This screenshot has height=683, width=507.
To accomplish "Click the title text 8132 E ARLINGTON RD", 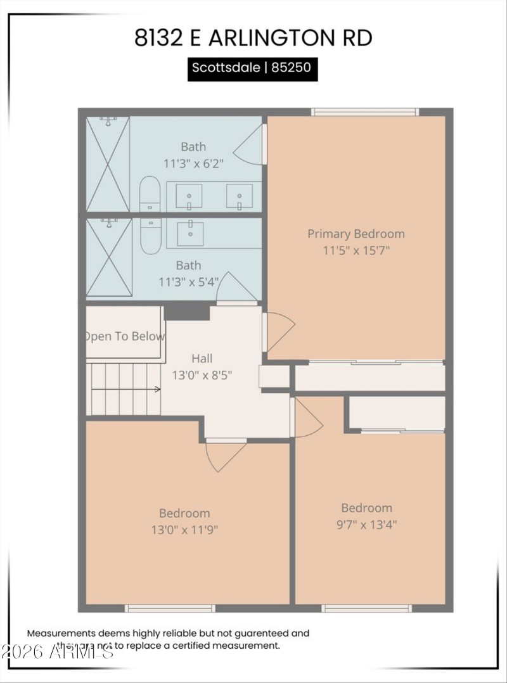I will point(253,38).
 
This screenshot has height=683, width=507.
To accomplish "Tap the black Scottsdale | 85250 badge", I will point(252,68).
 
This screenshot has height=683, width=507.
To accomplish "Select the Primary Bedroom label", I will point(356,234).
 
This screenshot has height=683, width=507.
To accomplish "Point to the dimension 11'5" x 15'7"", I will point(356,250).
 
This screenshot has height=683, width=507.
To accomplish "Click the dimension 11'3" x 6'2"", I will point(193,162).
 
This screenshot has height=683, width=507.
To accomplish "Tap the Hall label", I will point(202,359).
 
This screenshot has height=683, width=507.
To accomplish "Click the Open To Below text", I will point(125,336).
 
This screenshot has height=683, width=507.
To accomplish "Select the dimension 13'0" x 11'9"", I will point(184,529).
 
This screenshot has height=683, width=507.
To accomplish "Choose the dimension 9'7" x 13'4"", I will point(366,524).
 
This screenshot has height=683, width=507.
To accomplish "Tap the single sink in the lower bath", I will point(189,233).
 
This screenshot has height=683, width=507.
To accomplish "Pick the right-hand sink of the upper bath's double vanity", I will point(240,196).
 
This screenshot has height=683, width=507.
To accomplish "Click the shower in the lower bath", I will point(108,257).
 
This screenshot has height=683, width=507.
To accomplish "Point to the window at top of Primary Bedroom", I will point(364,112).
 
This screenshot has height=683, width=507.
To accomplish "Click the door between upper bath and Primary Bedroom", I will point(251,148).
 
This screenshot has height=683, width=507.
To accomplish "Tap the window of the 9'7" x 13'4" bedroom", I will point(366,608).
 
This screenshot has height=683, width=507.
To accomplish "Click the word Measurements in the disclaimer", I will point(61,633).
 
